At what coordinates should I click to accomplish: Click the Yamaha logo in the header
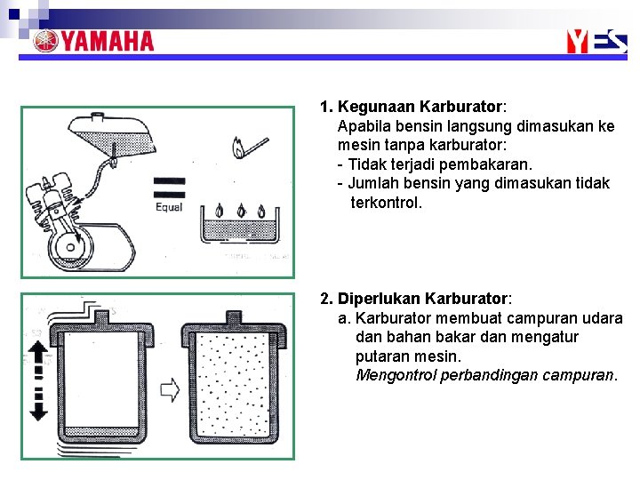coord(93,41)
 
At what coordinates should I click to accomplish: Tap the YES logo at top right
coord(596,40)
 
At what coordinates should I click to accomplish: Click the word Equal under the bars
coord(168,207)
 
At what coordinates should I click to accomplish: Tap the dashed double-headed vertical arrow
coord(38,380)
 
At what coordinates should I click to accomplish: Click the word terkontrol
coord(387,203)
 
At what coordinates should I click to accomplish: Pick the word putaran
coord(381,356)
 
